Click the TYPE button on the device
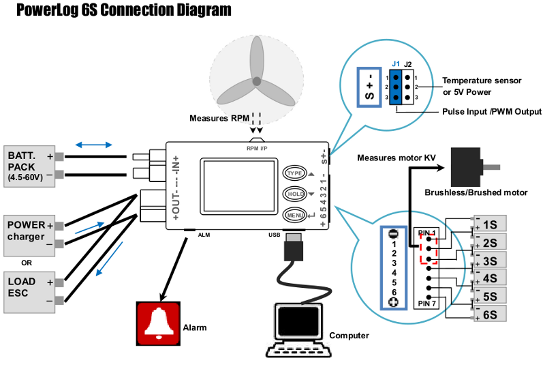(x=295, y=173)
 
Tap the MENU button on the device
(x=295, y=216)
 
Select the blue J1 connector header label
(x=396, y=64)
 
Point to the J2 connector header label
(x=407, y=64)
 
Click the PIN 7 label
(x=426, y=302)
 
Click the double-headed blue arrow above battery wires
(x=94, y=145)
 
